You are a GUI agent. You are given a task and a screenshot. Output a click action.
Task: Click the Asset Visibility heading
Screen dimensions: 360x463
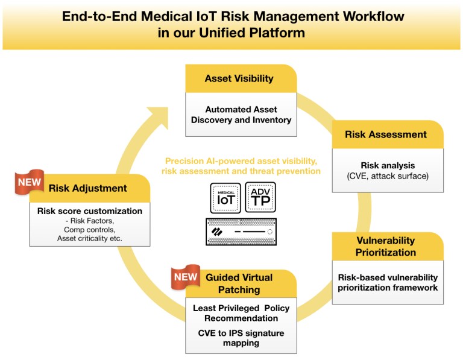click(239, 78)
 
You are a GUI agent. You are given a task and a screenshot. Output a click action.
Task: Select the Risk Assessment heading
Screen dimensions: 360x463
click(386, 134)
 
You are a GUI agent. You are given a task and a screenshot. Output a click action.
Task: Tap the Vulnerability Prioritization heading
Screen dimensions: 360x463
click(386, 246)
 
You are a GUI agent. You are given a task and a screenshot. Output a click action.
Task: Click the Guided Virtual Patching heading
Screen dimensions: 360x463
click(239, 283)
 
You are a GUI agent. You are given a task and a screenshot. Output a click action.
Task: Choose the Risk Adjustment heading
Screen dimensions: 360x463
click(88, 188)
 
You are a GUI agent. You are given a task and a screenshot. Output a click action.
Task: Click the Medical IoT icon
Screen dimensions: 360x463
click(225, 198)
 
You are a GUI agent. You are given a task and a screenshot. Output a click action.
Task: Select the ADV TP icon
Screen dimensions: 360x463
click(260, 198)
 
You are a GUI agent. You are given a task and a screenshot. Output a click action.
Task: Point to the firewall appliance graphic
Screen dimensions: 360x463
click(241, 232)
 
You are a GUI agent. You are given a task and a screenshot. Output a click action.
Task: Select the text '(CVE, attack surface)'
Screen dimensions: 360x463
click(388, 175)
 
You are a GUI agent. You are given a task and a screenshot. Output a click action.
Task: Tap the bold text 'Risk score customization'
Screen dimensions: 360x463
click(90, 211)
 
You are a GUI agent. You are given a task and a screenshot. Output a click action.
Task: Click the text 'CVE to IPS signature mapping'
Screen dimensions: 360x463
click(241, 338)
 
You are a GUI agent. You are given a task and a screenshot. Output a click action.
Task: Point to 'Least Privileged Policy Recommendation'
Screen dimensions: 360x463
click(241, 313)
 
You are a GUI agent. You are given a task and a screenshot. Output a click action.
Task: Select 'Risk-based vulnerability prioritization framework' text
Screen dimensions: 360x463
click(388, 282)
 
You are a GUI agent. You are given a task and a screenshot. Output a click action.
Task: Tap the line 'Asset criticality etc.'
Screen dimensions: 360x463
click(90, 239)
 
